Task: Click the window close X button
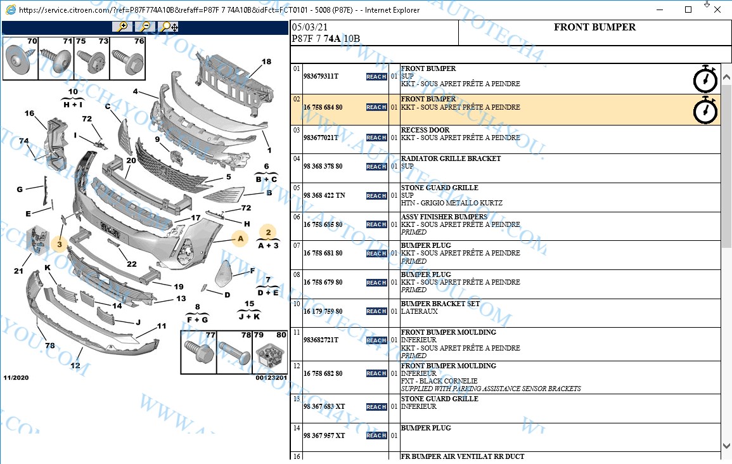[x=717, y=10]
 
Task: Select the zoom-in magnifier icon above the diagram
[x=122, y=27]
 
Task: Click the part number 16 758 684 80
[x=323, y=108]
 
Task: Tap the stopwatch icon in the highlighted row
[x=705, y=111]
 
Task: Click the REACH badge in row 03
[x=376, y=138]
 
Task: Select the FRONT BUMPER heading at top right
[x=594, y=27]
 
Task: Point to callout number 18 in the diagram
[x=266, y=61]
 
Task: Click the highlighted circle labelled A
[x=240, y=239]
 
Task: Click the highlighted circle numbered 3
[x=60, y=243]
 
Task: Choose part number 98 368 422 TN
[x=324, y=196]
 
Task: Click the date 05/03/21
[x=310, y=28]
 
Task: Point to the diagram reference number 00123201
[x=271, y=378]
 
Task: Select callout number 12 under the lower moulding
[x=75, y=365]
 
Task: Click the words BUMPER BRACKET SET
[x=440, y=304]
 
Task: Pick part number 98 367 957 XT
[x=324, y=435]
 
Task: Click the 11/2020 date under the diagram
[x=16, y=378]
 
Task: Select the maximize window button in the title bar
[x=689, y=10]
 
